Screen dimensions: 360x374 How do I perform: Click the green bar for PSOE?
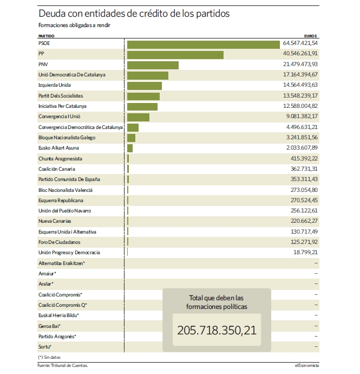tap(203, 44)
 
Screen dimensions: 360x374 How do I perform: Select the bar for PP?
tap(175, 55)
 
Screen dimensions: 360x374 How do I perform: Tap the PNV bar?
tap(153, 66)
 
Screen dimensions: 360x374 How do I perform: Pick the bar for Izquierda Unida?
tap(145, 86)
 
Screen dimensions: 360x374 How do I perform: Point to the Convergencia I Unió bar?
tap(138, 118)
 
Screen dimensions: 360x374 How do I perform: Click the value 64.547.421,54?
tap(300, 43)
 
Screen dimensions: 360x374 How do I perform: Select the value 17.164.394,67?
tap(300, 74)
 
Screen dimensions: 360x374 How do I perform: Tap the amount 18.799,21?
tap(305, 252)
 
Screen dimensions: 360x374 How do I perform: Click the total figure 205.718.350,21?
tap(217, 330)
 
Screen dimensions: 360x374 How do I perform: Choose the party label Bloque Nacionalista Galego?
tap(67, 138)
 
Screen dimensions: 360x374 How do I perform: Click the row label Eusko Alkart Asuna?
tap(58, 148)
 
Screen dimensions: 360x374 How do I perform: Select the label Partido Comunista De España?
tap(69, 179)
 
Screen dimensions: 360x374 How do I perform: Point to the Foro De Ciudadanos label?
tap(59, 242)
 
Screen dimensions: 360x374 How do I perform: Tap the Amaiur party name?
tap(47, 274)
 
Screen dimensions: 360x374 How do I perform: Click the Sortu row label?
tap(45, 346)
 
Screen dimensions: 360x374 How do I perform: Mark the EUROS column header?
tap(310, 36)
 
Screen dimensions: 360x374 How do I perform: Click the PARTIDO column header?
tap(46, 36)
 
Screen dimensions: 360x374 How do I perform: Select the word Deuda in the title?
tap(52, 14)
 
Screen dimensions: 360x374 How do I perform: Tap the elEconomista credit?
tap(307, 365)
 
